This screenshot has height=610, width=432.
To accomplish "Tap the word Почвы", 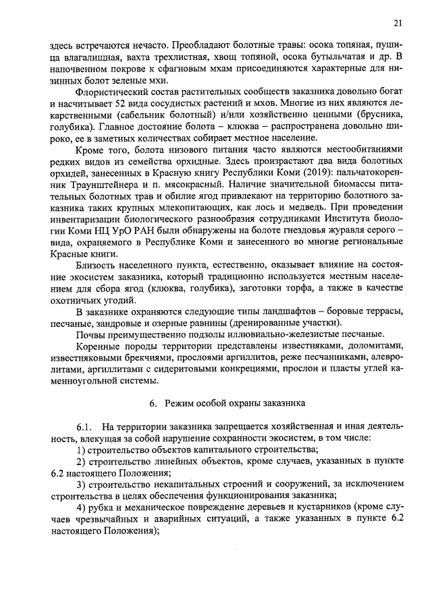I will click(90, 334).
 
